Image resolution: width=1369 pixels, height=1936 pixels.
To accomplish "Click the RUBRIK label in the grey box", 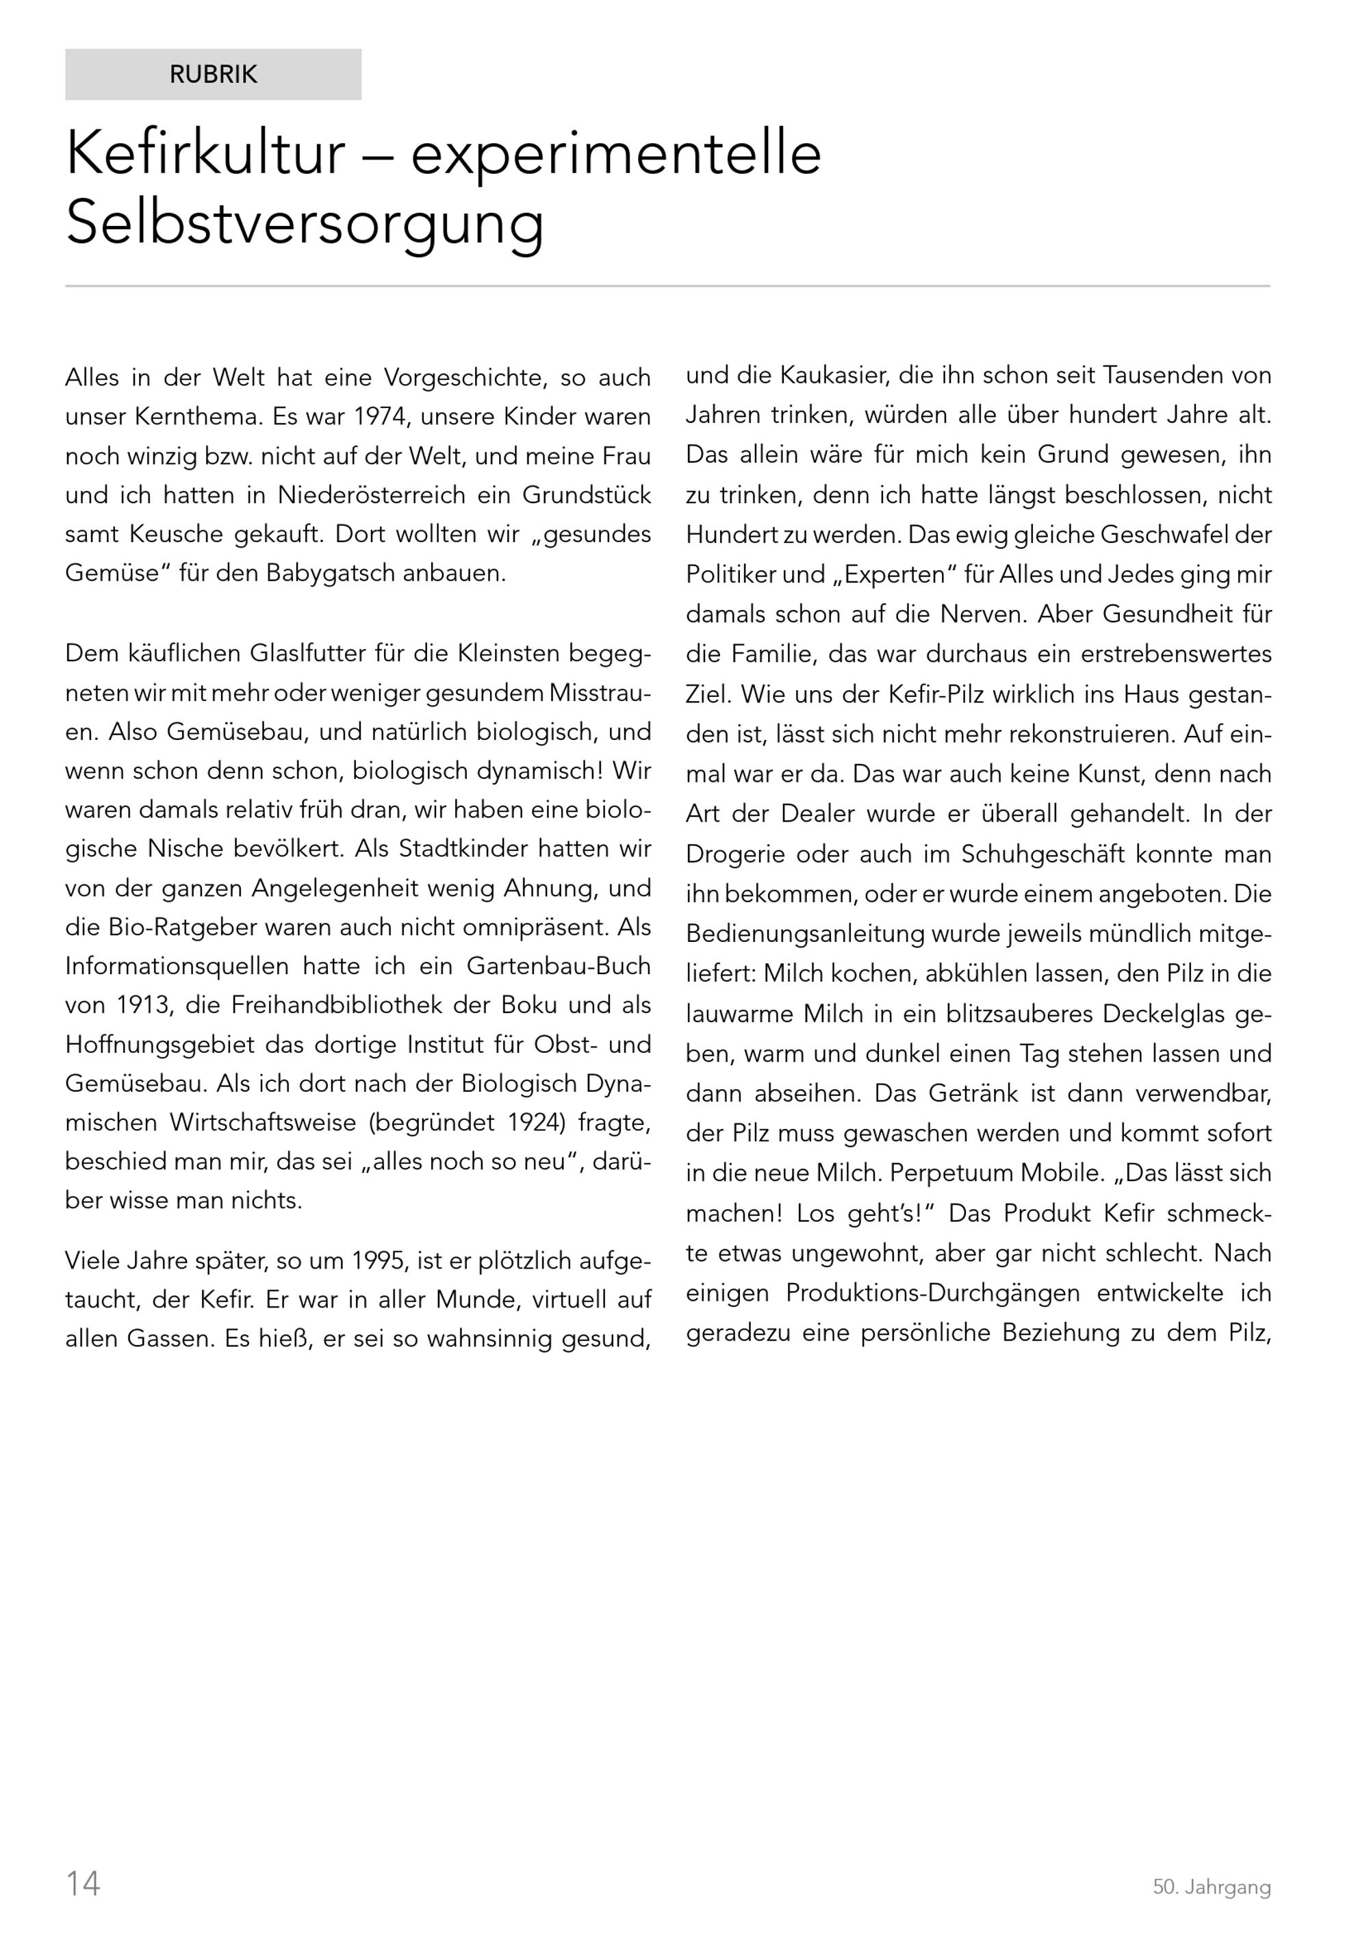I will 214,75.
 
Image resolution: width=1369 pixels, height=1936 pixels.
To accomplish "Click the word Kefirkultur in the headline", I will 205,153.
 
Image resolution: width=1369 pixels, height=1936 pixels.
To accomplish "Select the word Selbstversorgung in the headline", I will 305,223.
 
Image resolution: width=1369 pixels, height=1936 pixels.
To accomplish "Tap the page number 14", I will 83,1883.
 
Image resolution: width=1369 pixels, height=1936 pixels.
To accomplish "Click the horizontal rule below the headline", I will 667,287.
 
